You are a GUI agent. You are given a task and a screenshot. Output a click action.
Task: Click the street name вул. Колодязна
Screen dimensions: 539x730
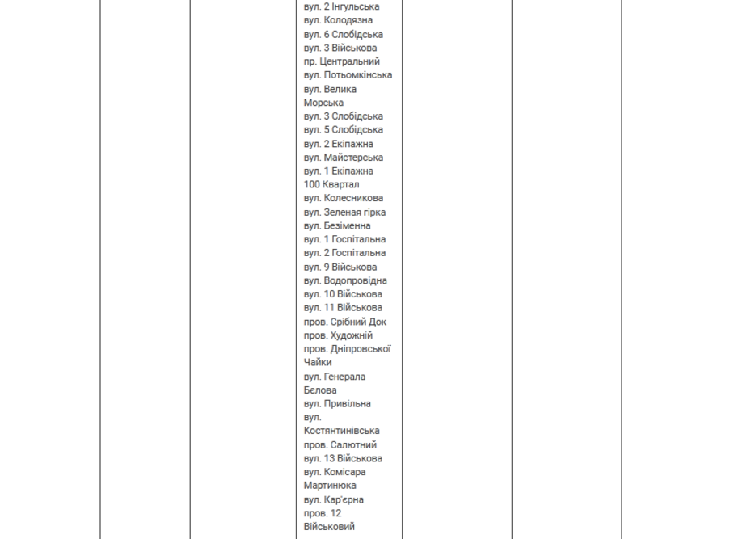tap(338, 20)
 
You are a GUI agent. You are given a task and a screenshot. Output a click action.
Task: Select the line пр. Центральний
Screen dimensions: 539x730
tap(342, 61)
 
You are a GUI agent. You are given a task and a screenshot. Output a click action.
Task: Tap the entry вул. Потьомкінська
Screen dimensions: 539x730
tap(348, 75)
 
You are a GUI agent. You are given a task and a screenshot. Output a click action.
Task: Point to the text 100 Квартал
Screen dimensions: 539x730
tap(331, 184)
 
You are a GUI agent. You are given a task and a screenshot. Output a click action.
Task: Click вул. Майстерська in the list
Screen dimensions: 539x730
tap(344, 158)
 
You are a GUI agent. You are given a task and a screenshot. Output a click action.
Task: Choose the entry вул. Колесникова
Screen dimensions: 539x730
tap(344, 198)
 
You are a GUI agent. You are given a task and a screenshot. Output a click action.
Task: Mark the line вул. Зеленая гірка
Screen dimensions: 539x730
tap(344, 212)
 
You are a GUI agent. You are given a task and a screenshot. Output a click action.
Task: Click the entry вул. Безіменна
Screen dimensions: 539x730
tap(338, 225)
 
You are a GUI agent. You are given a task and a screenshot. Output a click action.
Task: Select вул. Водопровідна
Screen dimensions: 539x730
tap(345, 280)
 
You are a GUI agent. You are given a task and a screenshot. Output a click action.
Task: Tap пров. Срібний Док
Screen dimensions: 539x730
tap(345, 322)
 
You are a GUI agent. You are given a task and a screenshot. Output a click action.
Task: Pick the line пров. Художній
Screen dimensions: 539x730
tap(338, 335)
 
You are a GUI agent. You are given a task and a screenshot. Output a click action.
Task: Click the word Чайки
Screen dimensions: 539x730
tap(318, 363)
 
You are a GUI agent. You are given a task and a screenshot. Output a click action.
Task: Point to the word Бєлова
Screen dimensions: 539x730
tap(320, 390)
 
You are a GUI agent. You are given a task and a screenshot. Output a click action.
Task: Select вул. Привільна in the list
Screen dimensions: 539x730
tap(337, 403)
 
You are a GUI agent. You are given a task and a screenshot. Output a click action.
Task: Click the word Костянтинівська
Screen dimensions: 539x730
tap(341, 431)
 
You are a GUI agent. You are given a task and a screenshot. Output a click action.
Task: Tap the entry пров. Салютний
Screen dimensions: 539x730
tap(340, 444)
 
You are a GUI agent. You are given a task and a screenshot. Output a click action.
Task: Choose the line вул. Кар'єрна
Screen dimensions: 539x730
tap(334, 499)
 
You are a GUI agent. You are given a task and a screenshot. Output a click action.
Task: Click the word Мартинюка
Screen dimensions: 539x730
tap(330, 486)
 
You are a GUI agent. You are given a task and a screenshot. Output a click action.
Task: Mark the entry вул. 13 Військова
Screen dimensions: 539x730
tap(343, 458)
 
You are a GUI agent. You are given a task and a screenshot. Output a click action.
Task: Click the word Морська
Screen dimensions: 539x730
tap(323, 103)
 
